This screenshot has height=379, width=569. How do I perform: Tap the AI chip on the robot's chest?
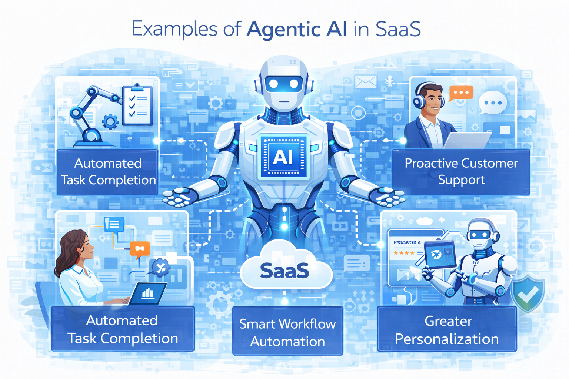tap(283, 157)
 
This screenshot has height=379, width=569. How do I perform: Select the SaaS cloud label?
tap(284, 271)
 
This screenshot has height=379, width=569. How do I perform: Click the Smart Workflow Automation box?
tap(287, 332)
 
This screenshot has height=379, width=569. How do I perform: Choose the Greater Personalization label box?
tap(447, 329)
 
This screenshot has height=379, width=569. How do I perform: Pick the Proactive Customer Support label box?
tap(461, 172)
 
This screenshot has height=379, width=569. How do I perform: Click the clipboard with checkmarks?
tap(138, 105)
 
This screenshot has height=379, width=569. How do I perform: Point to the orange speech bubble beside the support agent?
tap(461, 93)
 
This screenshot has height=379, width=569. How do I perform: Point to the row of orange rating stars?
tap(404, 253)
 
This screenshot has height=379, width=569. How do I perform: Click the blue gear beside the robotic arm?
tap(110, 121)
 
